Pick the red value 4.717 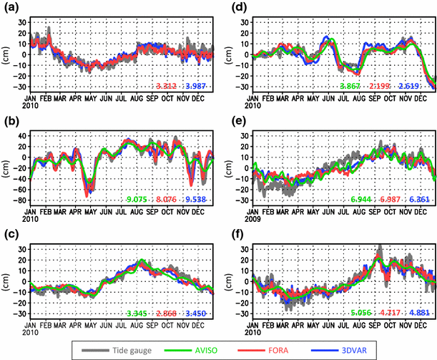[x=381, y=312]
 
